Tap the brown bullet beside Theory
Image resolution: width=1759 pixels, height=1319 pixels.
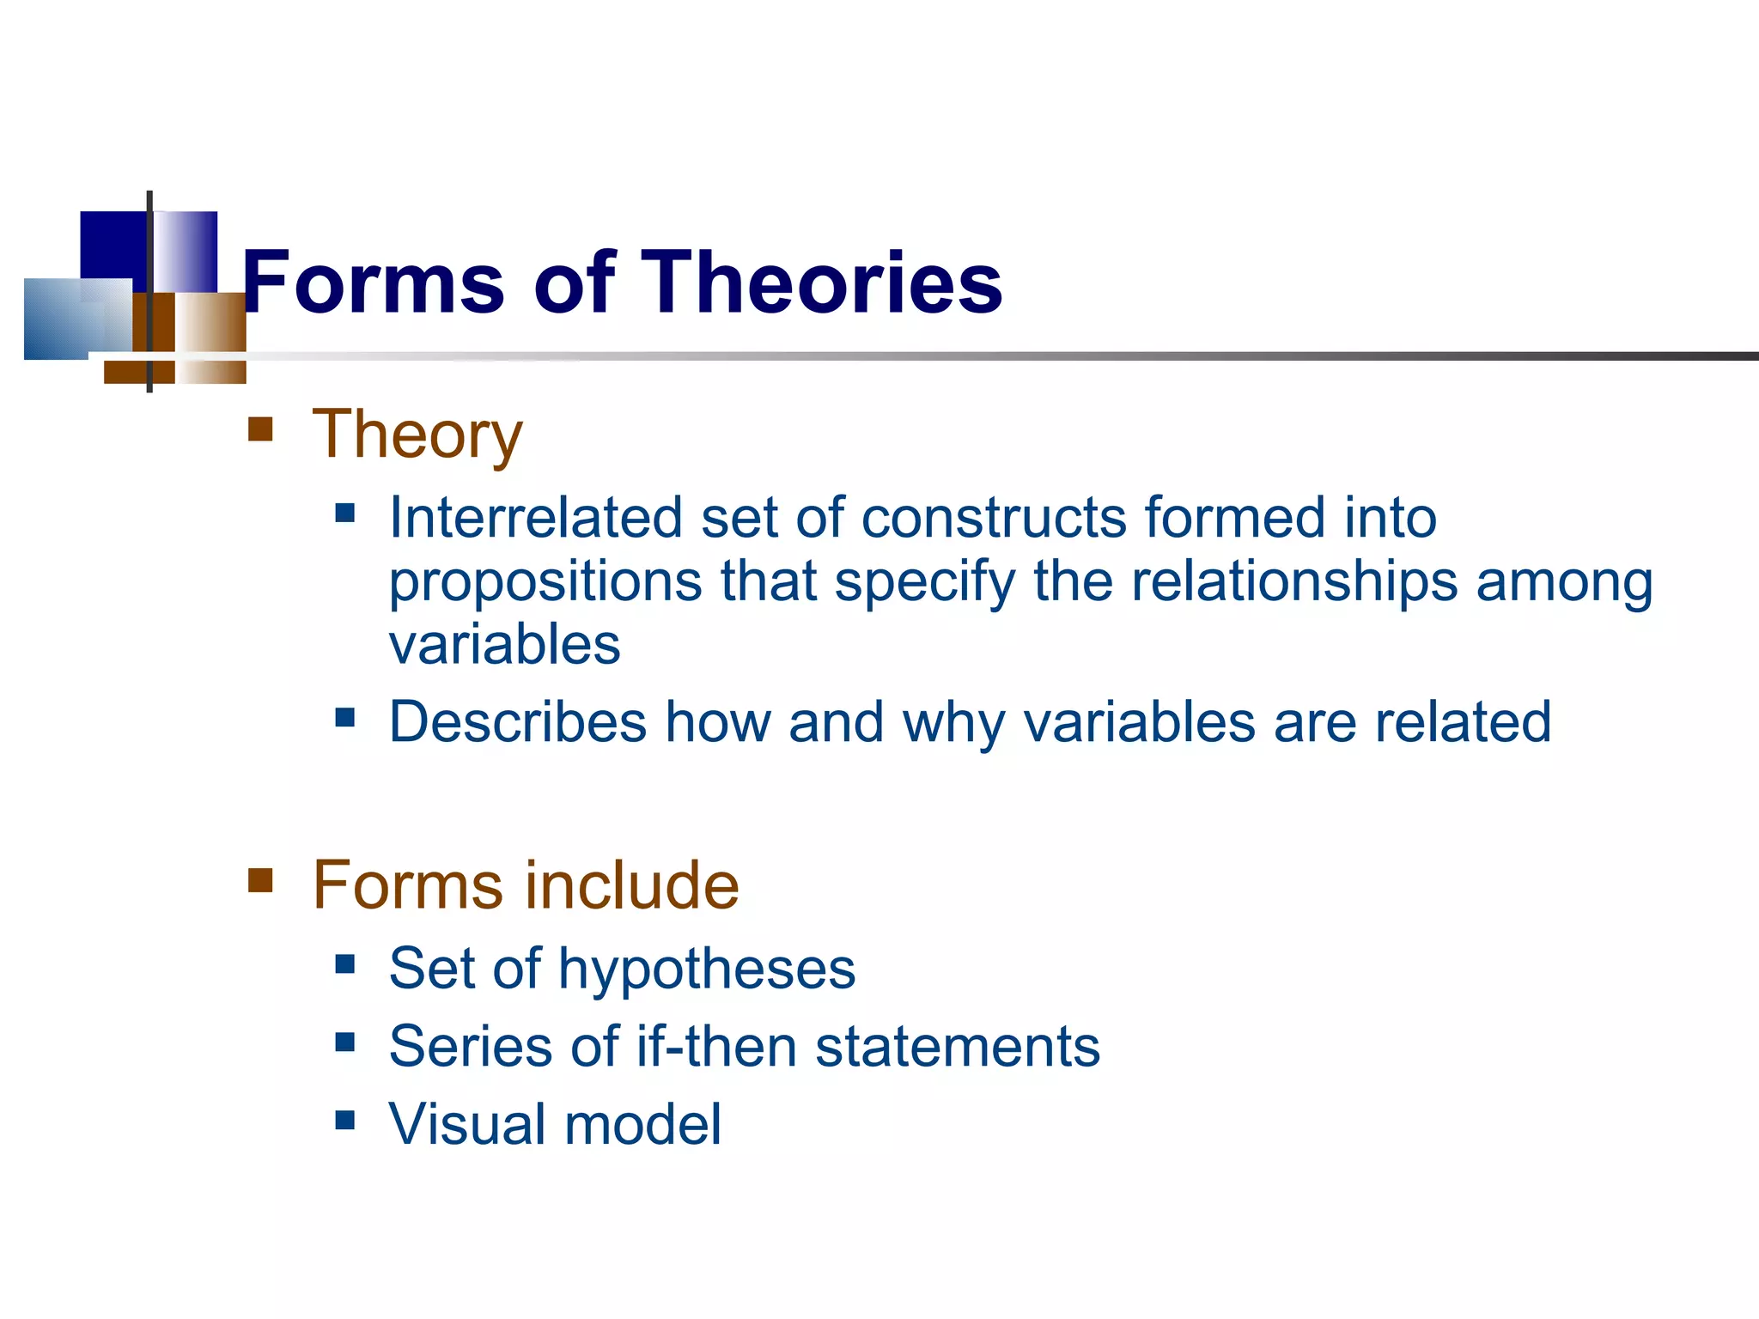pyautogui.click(x=260, y=429)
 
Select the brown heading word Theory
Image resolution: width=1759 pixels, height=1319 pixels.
pyautogui.click(x=417, y=435)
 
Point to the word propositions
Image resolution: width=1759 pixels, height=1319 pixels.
pyautogui.click(x=545, y=583)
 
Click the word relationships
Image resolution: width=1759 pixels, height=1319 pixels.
pyautogui.click(x=1294, y=581)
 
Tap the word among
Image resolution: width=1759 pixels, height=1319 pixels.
pyautogui.click(x=1564, y=583)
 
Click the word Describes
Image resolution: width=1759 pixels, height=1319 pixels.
pyautogui.click(x=517, y=721)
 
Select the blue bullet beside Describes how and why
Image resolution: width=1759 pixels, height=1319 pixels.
pyautogui.click(x=345, y=717)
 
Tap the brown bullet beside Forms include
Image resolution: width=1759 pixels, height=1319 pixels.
pyautogui.click(x=260, y=880)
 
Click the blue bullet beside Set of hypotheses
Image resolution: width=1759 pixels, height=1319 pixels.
pyautogui.click(x=345, y=964)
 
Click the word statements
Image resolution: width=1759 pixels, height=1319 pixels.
pyautogui.click(x=957, y=1047)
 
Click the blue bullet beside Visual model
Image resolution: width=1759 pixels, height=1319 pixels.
pyautogui.click(x=345, y=1120)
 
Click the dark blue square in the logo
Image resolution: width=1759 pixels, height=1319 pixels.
pyautogui.click(x=113, y=246)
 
